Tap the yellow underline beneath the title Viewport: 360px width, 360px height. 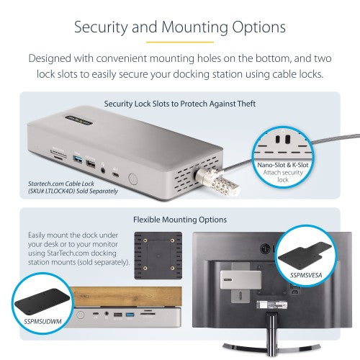180,42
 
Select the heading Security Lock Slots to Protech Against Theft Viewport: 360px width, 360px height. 180,103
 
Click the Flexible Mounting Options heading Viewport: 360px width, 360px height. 180,218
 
